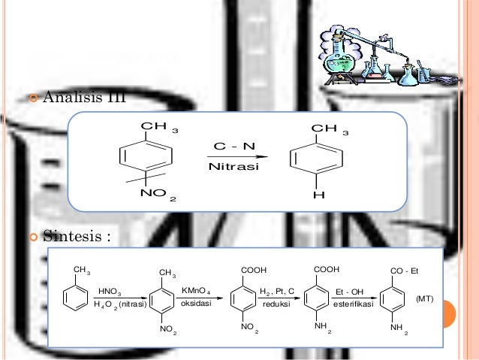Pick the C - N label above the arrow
coord(233,143)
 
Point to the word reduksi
coord(276,306)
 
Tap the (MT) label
coord(425,298)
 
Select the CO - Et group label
coord(406,269)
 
